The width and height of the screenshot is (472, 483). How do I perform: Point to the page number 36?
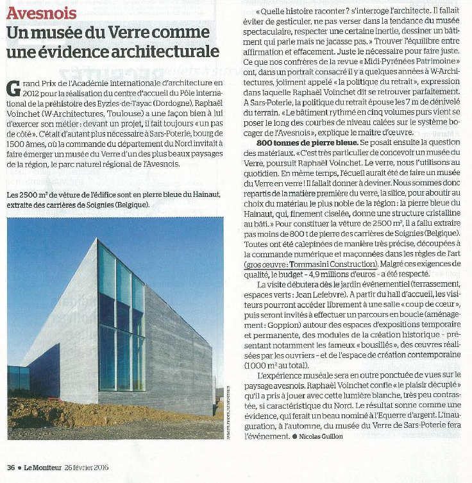(11, 466)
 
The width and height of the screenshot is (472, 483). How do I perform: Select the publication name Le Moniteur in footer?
(44, 466)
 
